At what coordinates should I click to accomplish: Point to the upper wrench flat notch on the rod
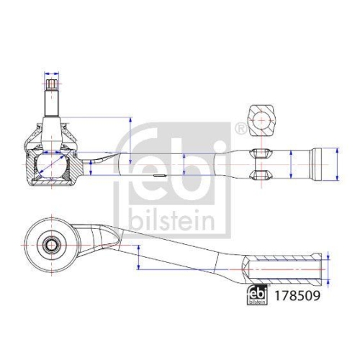coord(260,153)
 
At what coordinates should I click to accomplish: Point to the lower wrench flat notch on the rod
coord(260,174)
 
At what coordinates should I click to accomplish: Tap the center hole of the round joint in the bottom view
coord(53,244)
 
